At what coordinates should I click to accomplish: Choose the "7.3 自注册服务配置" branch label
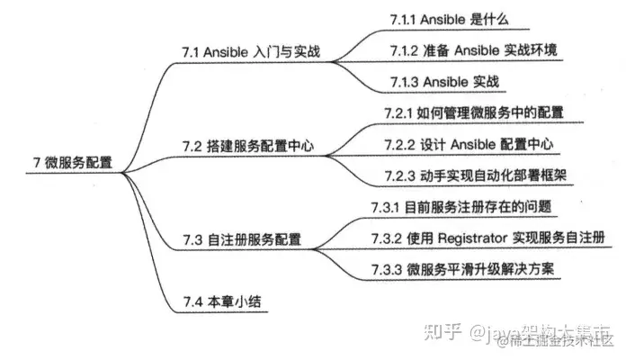click(x=241, y=240)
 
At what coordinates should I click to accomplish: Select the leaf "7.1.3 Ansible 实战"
click(x=445, y=82)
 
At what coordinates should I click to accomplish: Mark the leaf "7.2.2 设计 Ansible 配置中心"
click(x=466, y=144)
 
